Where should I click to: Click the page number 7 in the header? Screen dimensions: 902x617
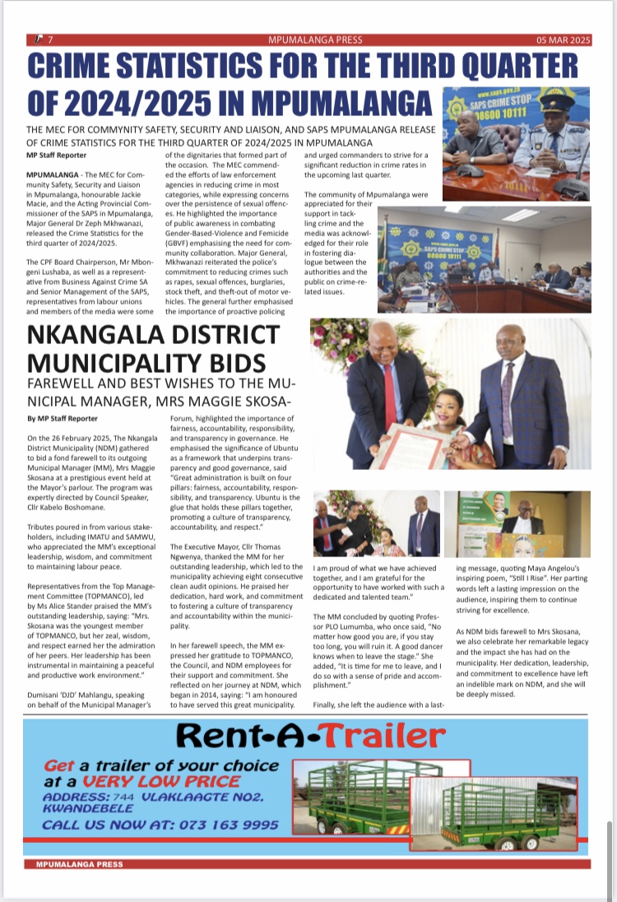pos(50,40)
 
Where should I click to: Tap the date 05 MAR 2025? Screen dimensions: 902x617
pos(564,40)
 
